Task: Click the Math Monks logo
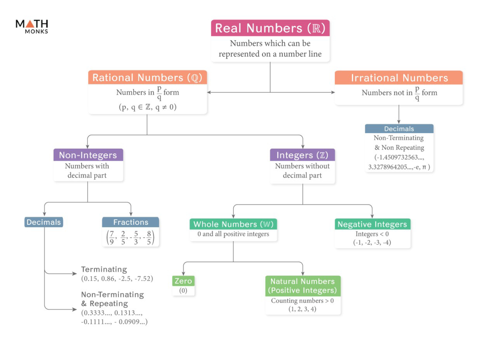(x=32, y=26)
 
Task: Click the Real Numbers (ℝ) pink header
(x=270, y=28)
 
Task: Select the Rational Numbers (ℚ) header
(x=147, y=78)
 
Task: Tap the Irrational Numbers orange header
(x=399, y=78)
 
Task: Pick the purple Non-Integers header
(x=88, y=155)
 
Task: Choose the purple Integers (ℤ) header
(x=302, y=155)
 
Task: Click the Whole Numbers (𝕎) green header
(x=233, y=224)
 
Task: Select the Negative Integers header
(x=372, y=224)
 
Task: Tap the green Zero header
(x=183, y=281)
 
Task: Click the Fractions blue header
(x=130, y=222)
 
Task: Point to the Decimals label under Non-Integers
(x=44, y=222)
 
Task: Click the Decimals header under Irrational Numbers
(x=399, y=129)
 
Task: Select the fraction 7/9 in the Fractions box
(x=112, y=238)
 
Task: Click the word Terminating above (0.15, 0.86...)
(x=104, y=269)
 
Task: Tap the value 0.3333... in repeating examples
(x=97, y=313)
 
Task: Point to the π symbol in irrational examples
(x=424, y=167)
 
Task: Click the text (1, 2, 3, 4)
(x=302, y=309)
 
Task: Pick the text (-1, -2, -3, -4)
(x=372, y=243)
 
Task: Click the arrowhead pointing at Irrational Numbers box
(x=333, y=92)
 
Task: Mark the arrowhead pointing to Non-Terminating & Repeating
(x=75, y=309)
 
